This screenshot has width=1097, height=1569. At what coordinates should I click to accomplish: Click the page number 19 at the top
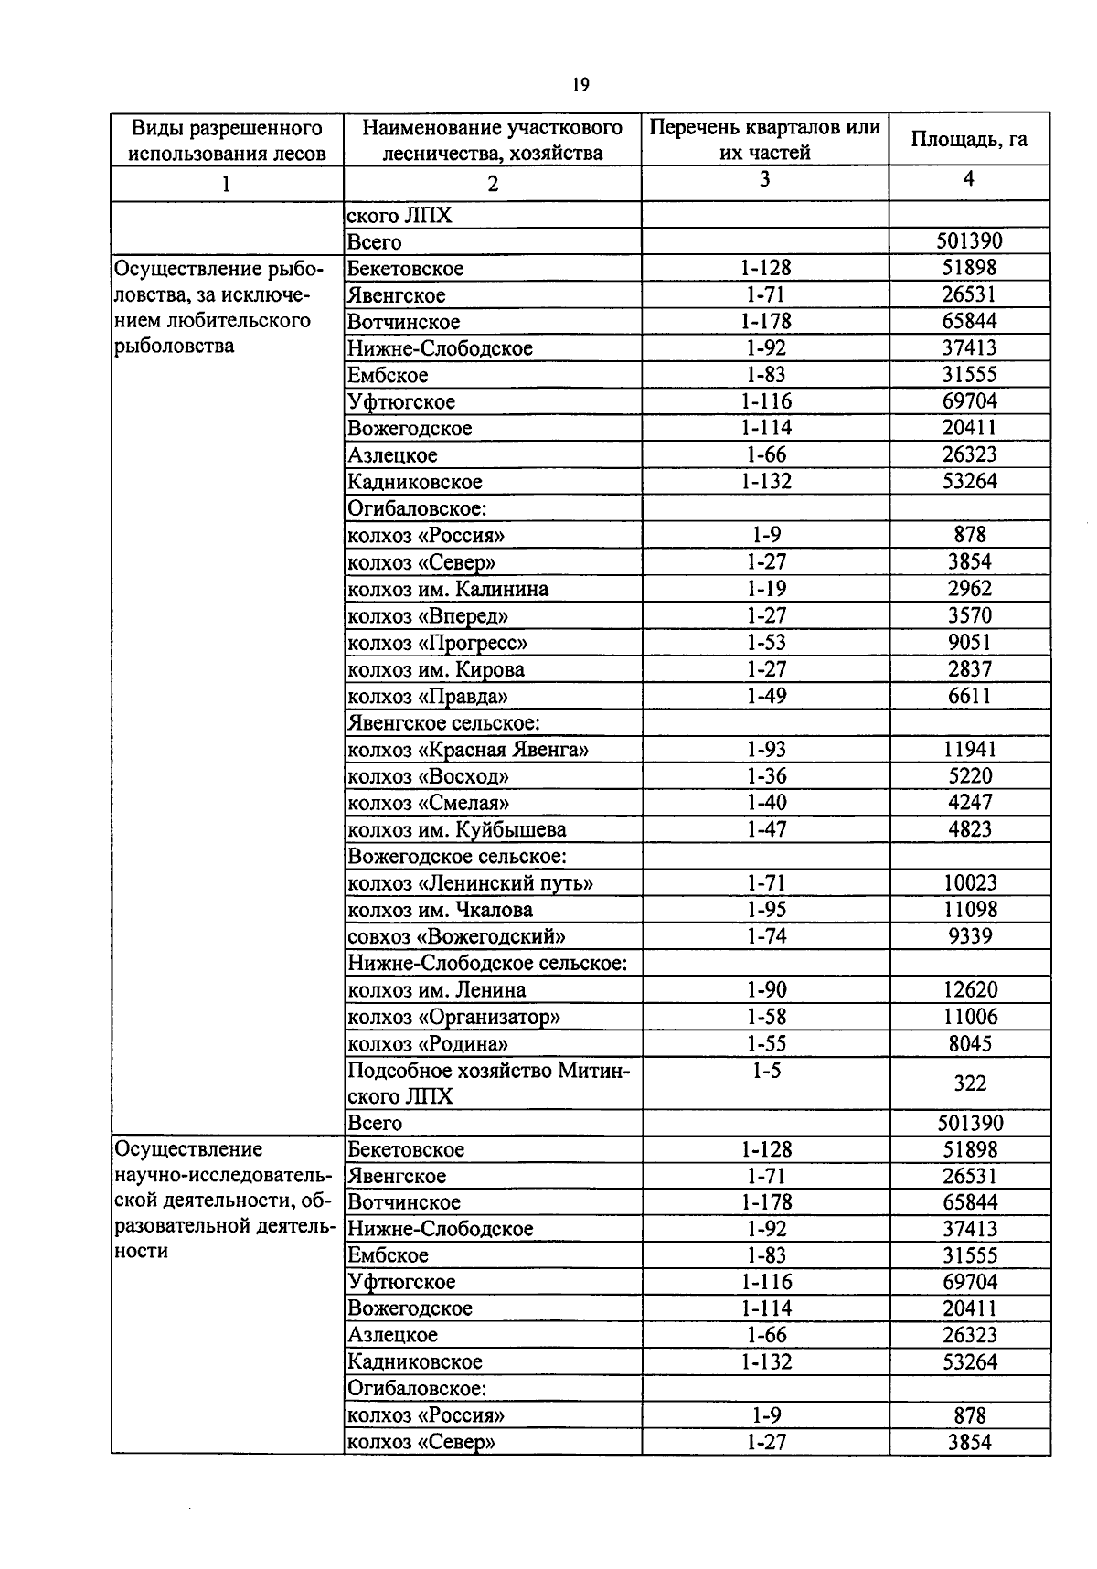click(580, 85)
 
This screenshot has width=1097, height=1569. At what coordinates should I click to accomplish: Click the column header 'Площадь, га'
click(969, 139)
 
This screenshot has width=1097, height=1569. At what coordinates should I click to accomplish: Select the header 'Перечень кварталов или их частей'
click(764, 139)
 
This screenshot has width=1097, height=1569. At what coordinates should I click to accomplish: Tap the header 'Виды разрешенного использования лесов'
click(227, 140)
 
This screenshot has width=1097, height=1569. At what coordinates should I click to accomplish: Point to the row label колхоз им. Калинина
click(448, 589)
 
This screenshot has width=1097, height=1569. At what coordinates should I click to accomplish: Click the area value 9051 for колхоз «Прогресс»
click(969, 642)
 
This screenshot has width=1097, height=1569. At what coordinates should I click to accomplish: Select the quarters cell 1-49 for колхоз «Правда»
click(766, 696)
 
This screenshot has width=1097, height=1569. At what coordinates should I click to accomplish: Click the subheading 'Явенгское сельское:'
click(444, 723)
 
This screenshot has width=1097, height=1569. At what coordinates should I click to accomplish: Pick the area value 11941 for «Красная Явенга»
click(969, 750)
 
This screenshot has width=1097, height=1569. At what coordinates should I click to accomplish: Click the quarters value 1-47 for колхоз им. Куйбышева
click(766, 829)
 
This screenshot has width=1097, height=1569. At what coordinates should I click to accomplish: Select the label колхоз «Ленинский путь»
click(470, 883)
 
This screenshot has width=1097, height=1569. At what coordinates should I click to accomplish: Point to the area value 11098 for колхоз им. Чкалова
click(970, 910)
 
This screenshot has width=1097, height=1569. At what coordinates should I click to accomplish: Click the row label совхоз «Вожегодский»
click(456, 936)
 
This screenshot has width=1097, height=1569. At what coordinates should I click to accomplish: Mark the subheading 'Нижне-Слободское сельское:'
click(487, 963)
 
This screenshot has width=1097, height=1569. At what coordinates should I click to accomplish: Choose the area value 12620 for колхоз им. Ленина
click(970, 989)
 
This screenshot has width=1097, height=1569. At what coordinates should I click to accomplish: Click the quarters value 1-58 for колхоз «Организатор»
click(766, 1017)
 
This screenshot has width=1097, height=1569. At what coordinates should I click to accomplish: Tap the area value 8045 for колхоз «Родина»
click(970, 1043)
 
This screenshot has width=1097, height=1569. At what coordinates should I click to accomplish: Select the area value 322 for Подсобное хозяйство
click(970, 1083)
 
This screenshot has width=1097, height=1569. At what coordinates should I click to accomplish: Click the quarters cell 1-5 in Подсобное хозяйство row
click(766, 1071)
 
